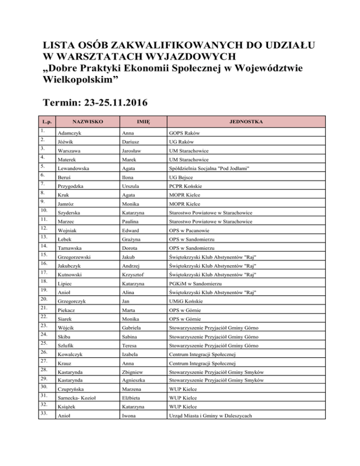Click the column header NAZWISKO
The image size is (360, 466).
(x=84, y=121)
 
